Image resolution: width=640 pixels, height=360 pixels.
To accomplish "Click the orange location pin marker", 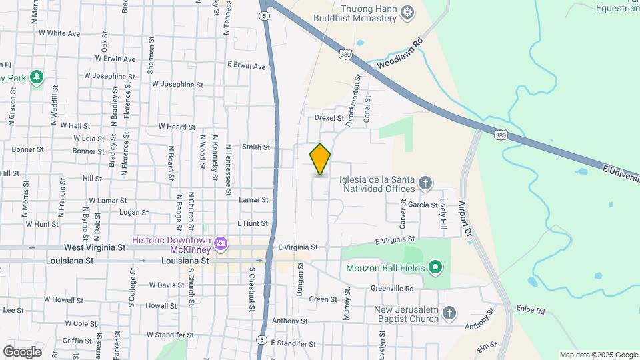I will pos(321,159).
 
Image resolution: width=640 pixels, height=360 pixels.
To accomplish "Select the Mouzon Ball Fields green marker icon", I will pos(435,269).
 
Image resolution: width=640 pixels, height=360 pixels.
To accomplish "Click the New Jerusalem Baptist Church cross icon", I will pos(449,313).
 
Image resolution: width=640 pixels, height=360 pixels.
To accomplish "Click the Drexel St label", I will pos(329,117).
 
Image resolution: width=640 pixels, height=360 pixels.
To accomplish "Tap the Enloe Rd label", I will pos(531,311).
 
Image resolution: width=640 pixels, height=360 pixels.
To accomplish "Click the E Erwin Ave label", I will pos(246,66).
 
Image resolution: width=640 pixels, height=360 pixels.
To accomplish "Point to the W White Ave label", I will pos(59,33).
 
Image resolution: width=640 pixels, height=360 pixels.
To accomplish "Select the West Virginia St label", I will pos(95,247).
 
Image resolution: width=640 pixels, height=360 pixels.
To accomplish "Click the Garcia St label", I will pos(423,205).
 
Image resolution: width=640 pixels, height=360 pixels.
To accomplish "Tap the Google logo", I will pos(21,351).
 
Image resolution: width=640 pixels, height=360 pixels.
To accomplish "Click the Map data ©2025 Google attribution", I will pos(598,355).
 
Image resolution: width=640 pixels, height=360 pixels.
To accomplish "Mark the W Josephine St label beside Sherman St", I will pos(177,85).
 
